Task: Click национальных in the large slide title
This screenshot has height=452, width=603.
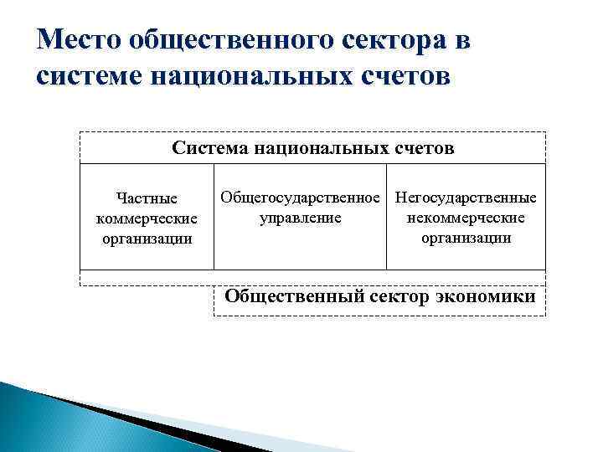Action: pos(248,77)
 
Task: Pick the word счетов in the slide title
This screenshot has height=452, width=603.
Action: pos(402,77)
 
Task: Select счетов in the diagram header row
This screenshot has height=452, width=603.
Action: pos(424,148)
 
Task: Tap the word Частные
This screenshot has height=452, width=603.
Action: pos(147,199)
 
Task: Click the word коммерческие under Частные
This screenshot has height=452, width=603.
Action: pos(147,218)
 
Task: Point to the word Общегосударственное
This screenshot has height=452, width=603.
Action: pos(301,198)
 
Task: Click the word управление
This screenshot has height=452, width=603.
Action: pos(301,218)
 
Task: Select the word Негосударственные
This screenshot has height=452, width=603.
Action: pos(466,198)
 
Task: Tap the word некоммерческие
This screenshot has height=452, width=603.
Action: pos(466,218)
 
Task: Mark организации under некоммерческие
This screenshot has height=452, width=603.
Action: pos(466,237)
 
